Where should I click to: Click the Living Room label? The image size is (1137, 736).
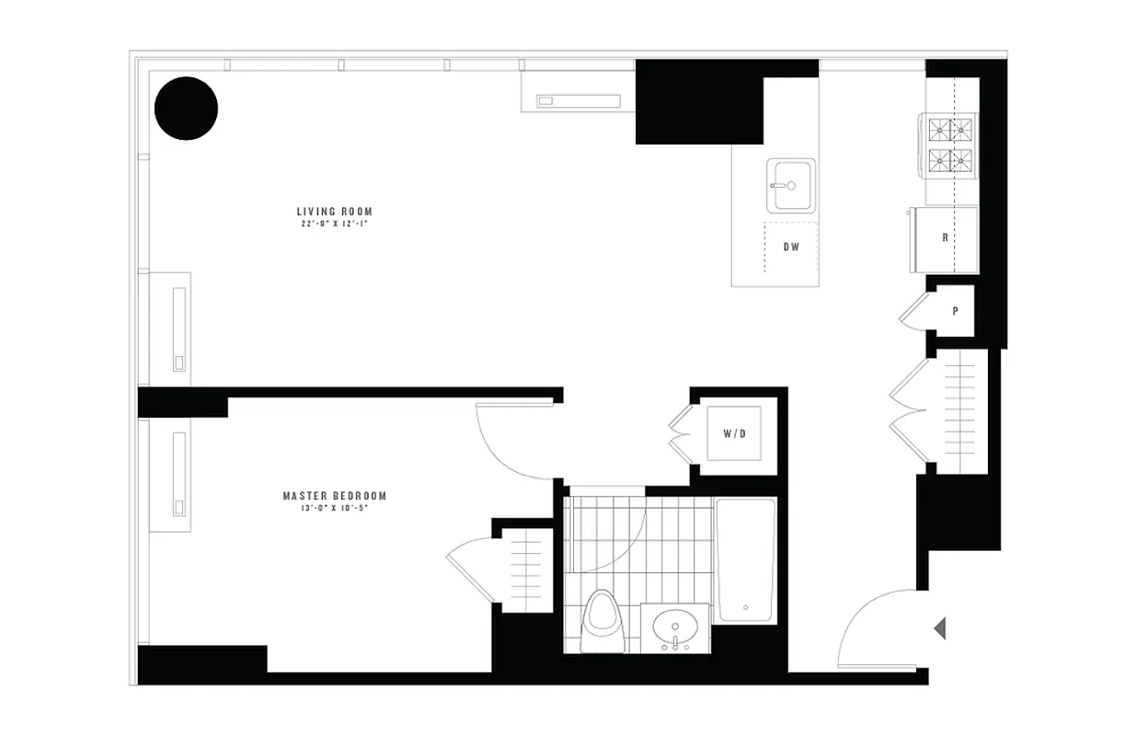pyautogui.click(x=335, y=212)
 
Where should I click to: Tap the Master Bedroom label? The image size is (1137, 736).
pyautogui.click(x=334, y=496)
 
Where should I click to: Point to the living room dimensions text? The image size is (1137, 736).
pyautogui.click(x=335, y=224)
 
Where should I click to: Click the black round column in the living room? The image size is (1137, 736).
pyautogui.click(x=186, y=109)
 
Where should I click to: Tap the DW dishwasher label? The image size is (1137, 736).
pyautogui.click(x=790, y=247)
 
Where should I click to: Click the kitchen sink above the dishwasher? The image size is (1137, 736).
pyautogui.click(x=791, y=186)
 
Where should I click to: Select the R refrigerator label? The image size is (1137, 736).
pyautogui.click(x=945, y=237)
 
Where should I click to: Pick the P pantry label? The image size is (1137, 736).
pyautogui.click(x=955, y=311)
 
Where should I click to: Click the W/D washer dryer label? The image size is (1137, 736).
pyautogui.click(x=733, y=433)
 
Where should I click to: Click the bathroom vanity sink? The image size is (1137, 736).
pyautogui.click(x=675, y=628)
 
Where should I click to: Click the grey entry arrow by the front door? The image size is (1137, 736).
pyautogui.click(x=939, y=628)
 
